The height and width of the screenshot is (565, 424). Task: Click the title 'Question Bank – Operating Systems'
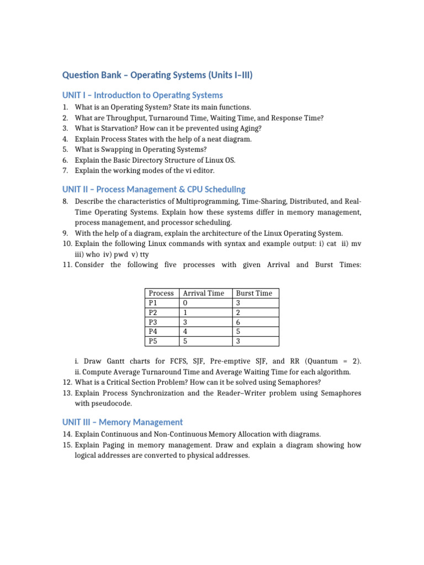click(x=157, y=74)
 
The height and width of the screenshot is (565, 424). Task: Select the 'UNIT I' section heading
click(x=142, y=95)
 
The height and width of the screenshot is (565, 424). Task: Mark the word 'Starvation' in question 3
click(x=116, y=129)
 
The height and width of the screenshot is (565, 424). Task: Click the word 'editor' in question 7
click(x=203, y=170)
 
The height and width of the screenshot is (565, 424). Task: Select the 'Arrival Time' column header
click(x=203, y=293)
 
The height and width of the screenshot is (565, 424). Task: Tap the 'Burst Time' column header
click(x=253, y=293)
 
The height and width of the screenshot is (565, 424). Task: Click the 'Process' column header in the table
click(x=161, y=293)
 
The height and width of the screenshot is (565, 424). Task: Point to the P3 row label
click(x=153, y=322)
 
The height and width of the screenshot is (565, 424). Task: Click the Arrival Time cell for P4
click(x=185, y=332)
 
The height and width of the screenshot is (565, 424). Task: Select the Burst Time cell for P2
click(x=238, y=312)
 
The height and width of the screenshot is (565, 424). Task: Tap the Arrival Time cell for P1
click(x=185, y=303)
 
